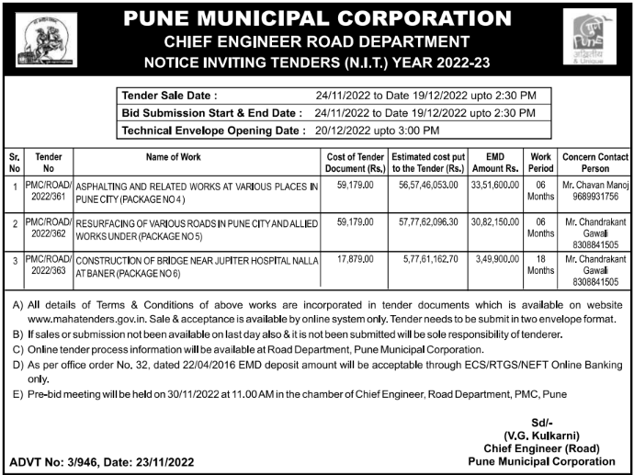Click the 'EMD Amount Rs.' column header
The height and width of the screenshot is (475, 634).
(495, 163)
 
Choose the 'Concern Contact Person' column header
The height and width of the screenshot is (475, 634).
(595, 163)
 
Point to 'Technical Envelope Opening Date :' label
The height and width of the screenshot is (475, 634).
(213, 130)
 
